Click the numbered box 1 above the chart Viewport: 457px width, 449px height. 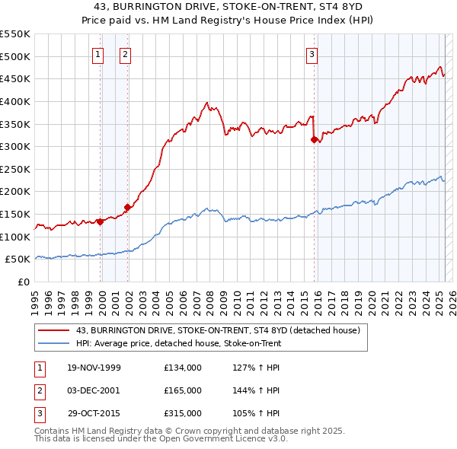click(99, 54)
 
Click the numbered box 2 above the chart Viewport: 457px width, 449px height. click(125, 54)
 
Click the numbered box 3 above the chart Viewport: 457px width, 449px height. click(312, 54)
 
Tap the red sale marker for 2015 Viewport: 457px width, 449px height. click(315, 139)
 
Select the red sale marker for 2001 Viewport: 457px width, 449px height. click(127, 207)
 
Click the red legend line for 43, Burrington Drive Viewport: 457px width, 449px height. click(54, 330)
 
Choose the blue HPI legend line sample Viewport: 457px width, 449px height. click(54, 343)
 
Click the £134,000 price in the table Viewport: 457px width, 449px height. click(183, 368)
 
